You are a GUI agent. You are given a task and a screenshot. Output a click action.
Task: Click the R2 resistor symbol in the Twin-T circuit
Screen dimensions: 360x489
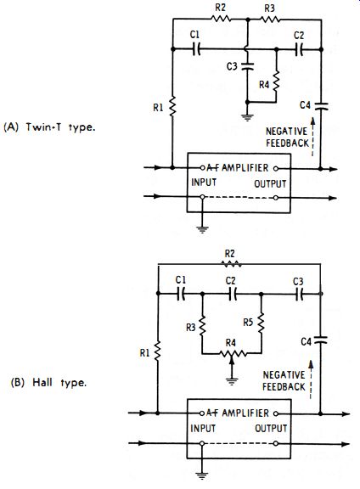click(x=221, y=19)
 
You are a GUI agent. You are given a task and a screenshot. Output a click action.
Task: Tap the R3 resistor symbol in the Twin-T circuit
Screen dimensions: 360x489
click(x=270, y=20)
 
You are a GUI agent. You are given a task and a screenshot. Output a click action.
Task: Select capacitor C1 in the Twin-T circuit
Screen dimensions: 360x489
click(x=196, y=49)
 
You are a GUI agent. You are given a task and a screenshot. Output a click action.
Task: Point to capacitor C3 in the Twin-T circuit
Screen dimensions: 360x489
click(x=248, y=66)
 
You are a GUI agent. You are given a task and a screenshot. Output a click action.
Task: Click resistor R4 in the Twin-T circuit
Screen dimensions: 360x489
click(x=276, y=81)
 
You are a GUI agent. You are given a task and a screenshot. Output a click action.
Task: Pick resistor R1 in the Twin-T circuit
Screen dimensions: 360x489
click(x=172, y=106)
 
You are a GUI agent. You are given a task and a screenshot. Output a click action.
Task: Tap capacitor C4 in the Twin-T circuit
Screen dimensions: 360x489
click(x=321, y=106)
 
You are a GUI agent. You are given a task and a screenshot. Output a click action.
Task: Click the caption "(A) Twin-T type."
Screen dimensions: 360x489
click(x=49, y=127)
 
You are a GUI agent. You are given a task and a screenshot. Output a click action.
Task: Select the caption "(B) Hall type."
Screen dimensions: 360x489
click(x=48, y=383)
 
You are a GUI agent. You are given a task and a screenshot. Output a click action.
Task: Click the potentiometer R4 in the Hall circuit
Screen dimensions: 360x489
click(x=231, y=354)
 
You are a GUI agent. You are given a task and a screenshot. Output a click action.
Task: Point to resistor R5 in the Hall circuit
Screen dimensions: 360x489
click(x=262, y=323)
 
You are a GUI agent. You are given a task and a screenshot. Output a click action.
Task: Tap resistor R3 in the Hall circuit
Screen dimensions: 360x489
click(x=202, y=325)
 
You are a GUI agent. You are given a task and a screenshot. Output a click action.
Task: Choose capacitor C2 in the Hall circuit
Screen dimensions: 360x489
click(x=233, y=294)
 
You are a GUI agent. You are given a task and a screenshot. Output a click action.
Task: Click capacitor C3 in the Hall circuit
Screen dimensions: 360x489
click(x=300, y=294)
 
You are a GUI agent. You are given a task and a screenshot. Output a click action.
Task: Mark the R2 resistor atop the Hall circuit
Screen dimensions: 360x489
click(x=231, y=264)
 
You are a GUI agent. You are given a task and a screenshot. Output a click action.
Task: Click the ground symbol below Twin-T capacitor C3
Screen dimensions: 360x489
click(x=247, y=117)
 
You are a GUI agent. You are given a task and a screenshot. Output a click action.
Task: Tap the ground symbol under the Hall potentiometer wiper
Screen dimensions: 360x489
click(x=231, y=381)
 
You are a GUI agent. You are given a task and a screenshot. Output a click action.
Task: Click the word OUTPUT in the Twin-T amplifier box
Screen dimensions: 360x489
click(x=270, y=184)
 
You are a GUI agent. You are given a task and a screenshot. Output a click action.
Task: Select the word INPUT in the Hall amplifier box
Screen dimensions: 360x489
click(x=203, y=429)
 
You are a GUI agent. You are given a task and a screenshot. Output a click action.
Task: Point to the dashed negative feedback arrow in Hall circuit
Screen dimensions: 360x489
click(x=311, y=379)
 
